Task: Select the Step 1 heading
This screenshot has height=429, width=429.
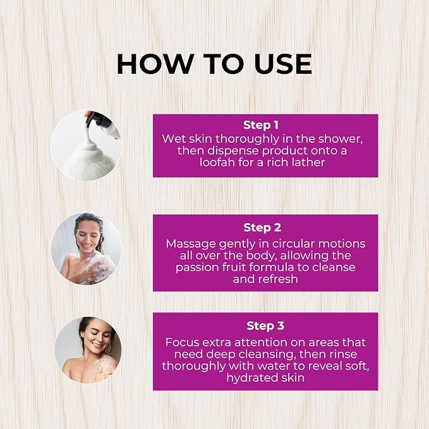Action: pyautogui.click(x=261, y=124)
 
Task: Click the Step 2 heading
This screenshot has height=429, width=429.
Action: pyautogui.click(x=262, y=227)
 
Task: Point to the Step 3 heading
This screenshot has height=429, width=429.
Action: pyautogui.click(x=265, y=325)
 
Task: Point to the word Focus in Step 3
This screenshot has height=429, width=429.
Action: pyautogui.click(x=182, y=342)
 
